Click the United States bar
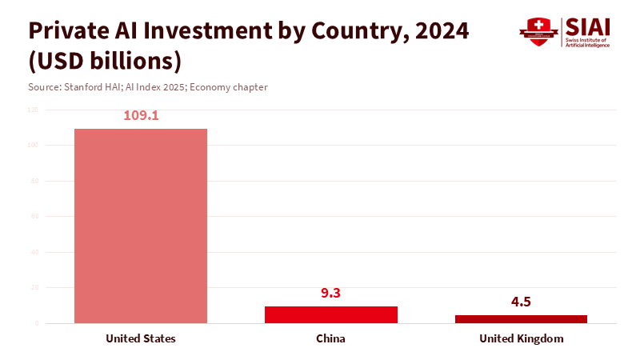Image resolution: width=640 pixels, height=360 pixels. [x=141, y=226]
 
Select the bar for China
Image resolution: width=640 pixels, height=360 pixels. [x=330, y=314]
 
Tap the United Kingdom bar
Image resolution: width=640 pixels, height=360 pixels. [x=521, y=318]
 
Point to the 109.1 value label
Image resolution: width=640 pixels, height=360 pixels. [x=141, y=115]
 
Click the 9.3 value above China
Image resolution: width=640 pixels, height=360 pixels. [x=330, y=293]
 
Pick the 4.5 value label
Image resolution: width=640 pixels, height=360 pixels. [x=521, y=302]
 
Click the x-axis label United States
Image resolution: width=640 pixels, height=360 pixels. [x=141, y=338]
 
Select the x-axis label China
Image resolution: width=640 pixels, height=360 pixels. [x=330, y=338]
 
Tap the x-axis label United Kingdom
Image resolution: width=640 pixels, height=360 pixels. [x=521, y=338]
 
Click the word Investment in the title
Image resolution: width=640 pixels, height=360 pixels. [x=202, y=30]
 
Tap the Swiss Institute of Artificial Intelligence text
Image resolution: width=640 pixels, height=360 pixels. [x=588, y=42]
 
